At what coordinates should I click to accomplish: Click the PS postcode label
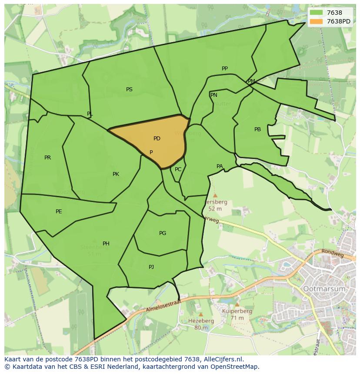click(x=129, y=89)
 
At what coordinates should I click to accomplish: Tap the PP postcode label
click(x=225, y=69)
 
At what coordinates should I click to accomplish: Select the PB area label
click(x=258, y=129)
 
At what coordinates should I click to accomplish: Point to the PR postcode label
click(x=47, y=158)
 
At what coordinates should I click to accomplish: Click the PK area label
click(x=116, y=174)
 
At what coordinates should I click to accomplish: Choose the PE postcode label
click(x=59, y=212)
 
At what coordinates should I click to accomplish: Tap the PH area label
click(x=106, y=244)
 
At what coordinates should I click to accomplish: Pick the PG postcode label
click(x=163, y=233)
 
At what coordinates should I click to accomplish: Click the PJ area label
click(x=151, y=267)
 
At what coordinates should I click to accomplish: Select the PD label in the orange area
click(x=157, y=139)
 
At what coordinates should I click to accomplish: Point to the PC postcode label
click(x=178, y=169)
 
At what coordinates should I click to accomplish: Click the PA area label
click(x=220, y=166)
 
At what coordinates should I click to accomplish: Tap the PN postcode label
click(x=213, y=95)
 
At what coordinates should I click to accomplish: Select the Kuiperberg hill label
click(x=237, y=311)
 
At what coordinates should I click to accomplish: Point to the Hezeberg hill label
click(x=201, y=321)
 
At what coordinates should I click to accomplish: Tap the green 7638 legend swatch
click(x=316, y=13)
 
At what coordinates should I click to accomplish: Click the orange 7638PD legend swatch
click(x=316, y=21)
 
